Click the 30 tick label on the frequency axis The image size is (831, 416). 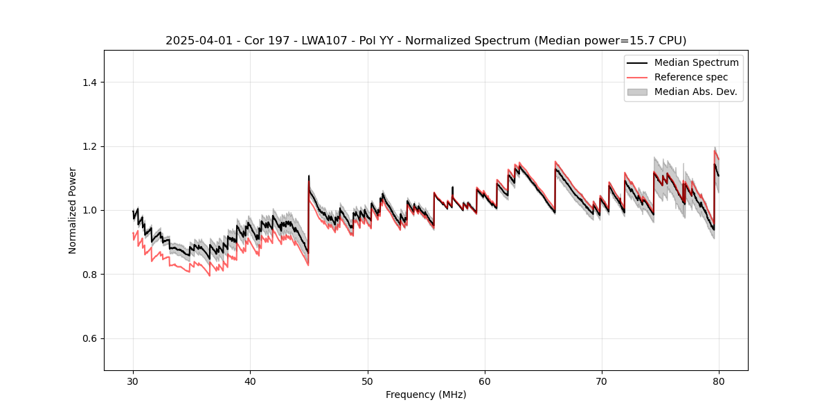133,381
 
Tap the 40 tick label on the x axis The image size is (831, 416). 250,381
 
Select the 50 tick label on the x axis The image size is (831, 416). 367,381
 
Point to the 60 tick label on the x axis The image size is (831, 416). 485,381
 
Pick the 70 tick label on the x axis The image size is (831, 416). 602,381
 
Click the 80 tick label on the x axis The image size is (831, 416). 719,381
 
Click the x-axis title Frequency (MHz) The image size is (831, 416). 426,395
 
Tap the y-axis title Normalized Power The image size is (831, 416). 73,210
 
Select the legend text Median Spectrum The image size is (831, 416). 696,62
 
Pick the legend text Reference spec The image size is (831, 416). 690,77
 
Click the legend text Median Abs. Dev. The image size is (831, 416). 695,92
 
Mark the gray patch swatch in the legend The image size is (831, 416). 637,92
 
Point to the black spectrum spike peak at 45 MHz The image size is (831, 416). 309,176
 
